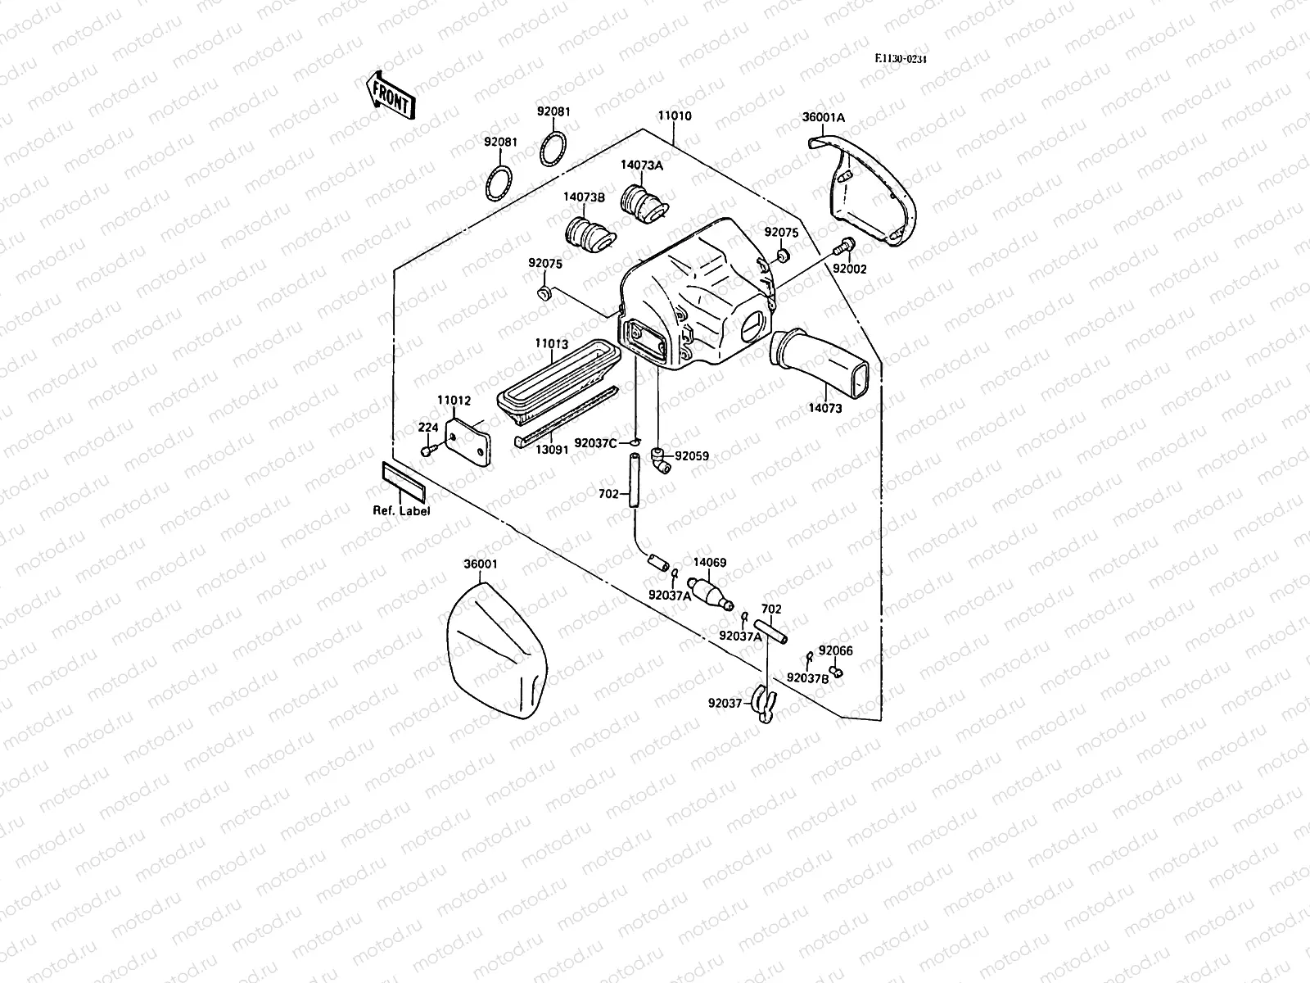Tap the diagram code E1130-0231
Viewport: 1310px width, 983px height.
[905, 58]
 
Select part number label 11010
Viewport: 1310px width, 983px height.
[674, 116]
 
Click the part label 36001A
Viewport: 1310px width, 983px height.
[823, 117]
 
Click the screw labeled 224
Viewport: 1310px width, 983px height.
[427, 451]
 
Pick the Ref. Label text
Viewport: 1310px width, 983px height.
[401, 510]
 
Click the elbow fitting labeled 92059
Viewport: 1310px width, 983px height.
[660, 460]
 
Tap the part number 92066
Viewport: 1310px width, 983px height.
[835, 650]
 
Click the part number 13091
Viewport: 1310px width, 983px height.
[553, 450]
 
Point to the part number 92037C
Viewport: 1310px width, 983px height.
[595, 442]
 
